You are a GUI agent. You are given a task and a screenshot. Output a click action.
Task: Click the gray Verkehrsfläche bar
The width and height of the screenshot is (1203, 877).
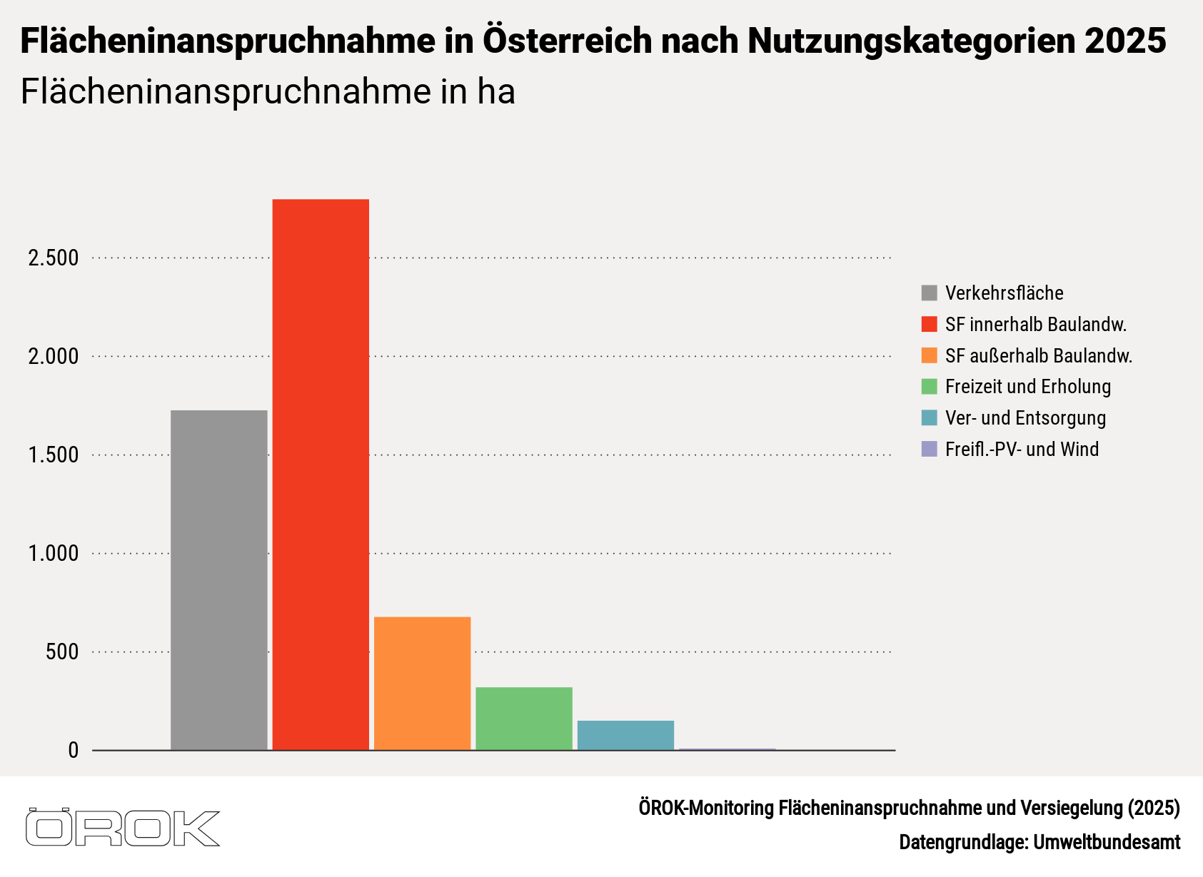(218, 579)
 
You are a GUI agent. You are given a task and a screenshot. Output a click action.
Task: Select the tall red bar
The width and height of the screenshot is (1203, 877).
(321, 475)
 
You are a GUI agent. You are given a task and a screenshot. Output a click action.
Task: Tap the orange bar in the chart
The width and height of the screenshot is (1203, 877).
(422, 683)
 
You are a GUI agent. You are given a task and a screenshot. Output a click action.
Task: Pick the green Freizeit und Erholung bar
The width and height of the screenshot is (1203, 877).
(524, 718)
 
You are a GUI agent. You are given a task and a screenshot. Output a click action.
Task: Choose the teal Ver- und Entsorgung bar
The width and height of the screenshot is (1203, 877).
(625, 735)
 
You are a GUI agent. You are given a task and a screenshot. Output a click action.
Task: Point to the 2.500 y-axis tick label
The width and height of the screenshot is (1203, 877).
(54, 258)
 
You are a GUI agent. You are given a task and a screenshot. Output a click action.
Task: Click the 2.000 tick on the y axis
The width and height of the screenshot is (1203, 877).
(54, 357)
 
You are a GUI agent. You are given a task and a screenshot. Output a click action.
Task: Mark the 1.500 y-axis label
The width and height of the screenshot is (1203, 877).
(54, 455)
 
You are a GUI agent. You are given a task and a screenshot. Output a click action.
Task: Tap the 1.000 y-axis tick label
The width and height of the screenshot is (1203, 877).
(54, 554)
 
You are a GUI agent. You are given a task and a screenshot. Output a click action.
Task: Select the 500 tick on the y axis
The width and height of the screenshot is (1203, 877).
(62, 652)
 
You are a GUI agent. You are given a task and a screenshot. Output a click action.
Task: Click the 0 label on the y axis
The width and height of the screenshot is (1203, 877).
(74, 751)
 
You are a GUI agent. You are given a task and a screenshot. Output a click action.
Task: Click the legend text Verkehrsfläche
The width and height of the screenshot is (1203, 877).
(1004, 293)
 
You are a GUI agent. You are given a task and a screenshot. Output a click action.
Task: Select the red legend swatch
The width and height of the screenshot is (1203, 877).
(929, 325)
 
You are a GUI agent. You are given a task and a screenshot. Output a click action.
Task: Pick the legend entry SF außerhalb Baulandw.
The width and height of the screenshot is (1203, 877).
(1038, 356)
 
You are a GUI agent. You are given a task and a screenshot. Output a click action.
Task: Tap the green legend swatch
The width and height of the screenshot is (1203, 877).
(929, 387)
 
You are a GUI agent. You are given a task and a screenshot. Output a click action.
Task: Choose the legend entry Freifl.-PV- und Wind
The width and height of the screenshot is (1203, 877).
(1022, 450)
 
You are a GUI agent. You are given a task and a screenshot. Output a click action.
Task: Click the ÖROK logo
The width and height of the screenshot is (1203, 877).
(123, 828)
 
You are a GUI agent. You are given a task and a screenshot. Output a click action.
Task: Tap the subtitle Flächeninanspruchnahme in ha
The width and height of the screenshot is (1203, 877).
(268, 92)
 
